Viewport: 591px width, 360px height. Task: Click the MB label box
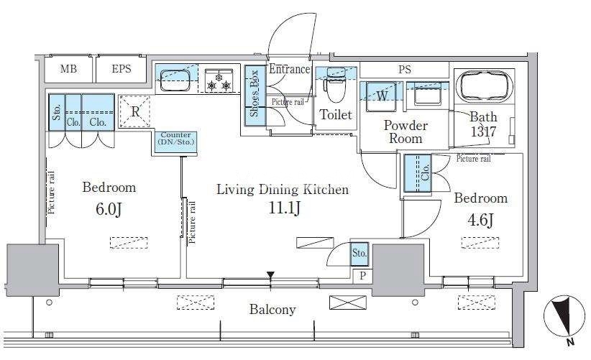(68, 69)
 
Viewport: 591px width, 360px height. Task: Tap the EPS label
(122, 69)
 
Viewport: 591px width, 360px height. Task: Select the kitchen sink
(175, 80)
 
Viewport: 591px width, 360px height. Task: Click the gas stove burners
(219, 81)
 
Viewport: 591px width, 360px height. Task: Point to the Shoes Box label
(255, 93)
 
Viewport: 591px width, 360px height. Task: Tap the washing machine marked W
(382, 96)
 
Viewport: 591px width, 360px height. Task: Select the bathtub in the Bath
(484, 86)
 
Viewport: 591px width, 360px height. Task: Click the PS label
(405, 70)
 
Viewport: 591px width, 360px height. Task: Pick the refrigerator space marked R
(134, 111)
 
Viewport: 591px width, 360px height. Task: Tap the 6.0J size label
(109, 209)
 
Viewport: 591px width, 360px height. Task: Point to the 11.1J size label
(284, 208)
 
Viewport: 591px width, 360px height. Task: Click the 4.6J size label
(480, 221)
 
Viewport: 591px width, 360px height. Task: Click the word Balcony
(272, 310)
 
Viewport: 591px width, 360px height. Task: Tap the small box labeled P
(362, 276)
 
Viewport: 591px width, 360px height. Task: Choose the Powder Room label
(406, 131)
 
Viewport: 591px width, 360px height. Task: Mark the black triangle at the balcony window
(270, 275)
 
